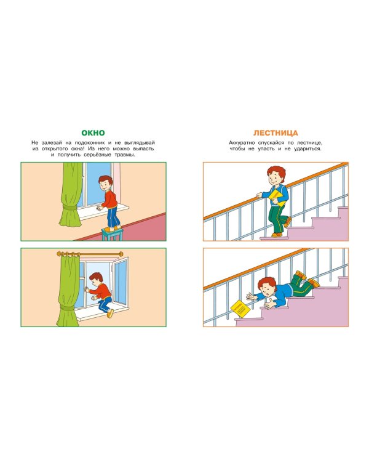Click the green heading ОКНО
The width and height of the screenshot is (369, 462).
(x=93, y=133)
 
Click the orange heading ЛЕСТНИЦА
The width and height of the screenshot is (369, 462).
(x=276, y=133)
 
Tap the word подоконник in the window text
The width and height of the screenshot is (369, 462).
(x=90, y=143)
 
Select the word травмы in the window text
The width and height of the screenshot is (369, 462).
(x=124, y=155)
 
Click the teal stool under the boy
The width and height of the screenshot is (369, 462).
(x=112, y=234)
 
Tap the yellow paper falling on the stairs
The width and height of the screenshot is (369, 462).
(x=240, y=309)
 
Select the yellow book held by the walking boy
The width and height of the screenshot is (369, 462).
(x=277, y=198)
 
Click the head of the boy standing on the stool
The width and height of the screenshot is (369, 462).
(x=105, y=183)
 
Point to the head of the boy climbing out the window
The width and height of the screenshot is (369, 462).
(x=96, y=279)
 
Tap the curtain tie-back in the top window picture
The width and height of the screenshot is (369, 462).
(x=70, y=208)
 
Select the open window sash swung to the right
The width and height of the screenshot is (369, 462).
(x=121, y=282)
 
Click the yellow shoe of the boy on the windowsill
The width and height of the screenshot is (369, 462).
(x=110, y=314)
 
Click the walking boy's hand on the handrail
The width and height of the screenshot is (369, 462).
(x=259, y=195)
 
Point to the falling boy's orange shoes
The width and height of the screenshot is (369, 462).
(x=307, y=278)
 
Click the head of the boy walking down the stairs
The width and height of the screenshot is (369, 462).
(x=276, y=176)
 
